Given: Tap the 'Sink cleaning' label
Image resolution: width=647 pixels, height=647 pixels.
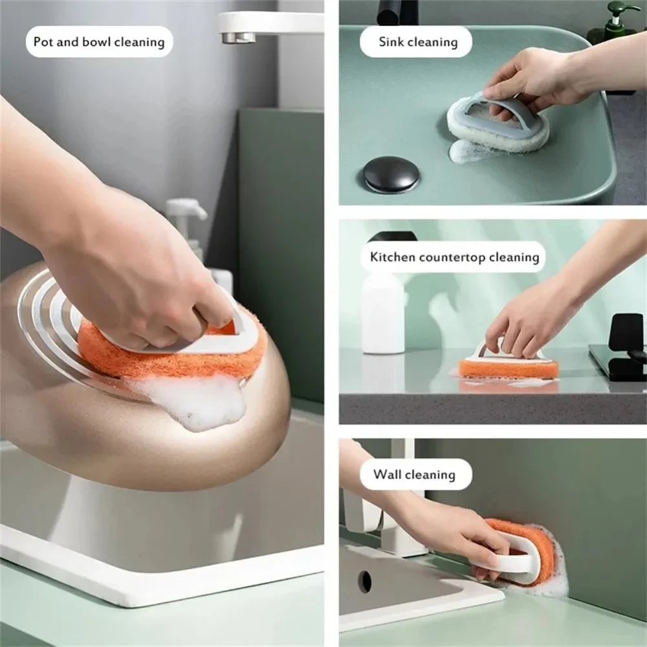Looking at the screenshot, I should tap(418, 43).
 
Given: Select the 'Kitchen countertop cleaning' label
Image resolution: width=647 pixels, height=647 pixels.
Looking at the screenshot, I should tap(454, 257).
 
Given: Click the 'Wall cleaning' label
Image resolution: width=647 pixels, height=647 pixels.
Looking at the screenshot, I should tap(414, 474).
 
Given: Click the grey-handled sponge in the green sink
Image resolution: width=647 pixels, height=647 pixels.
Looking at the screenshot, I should tap(498, 123).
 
